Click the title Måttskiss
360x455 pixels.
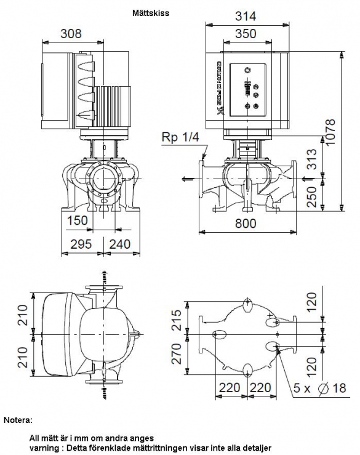(x=151, y=13)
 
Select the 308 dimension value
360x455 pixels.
(x=71, y=34)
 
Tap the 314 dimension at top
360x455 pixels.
(x=246, y=16)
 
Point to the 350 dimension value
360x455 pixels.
(x=246, y=34)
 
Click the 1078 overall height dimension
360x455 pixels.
(x=330, y=132)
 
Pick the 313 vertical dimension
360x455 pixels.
(x=312, y=159)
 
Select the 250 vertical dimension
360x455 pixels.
(x=312, y=197)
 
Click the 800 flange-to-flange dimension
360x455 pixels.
(x=246, y=223)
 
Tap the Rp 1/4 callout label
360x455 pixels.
(x=180, y=137)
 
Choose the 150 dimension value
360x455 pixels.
(x=77, y=220)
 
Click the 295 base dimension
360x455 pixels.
(x=81, y=244)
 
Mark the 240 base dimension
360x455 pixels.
(x=119, y=244)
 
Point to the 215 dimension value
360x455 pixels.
(x=177, y=320)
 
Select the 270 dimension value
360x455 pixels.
(x=177, y=354)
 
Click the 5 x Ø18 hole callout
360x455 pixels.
(x=319, y=388)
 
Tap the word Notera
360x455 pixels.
(x=18, y=420)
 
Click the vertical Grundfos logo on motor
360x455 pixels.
(x=220, y=87)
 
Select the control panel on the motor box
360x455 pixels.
(x=247, y=90)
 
